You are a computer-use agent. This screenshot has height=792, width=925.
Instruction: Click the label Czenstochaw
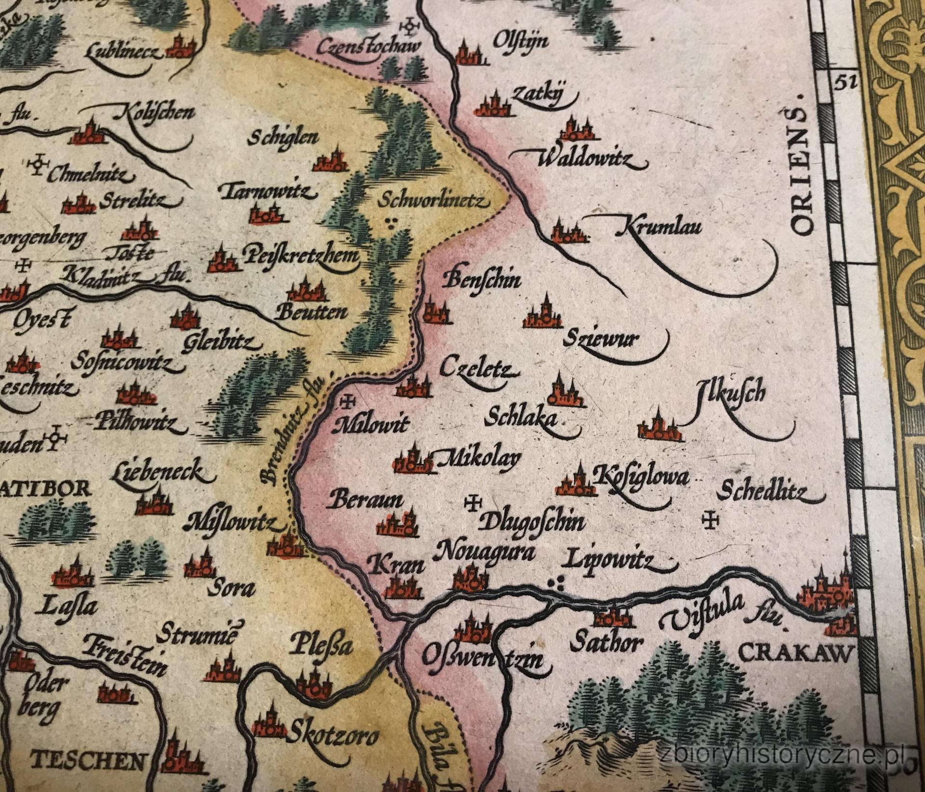(369, 47)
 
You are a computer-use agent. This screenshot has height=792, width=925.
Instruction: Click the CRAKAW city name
(795, 654)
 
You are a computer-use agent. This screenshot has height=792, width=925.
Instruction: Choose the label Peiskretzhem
(301, 256)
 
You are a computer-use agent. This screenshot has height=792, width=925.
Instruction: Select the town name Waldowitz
(585, 159)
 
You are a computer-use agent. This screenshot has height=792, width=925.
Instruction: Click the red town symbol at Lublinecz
(182, 47)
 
